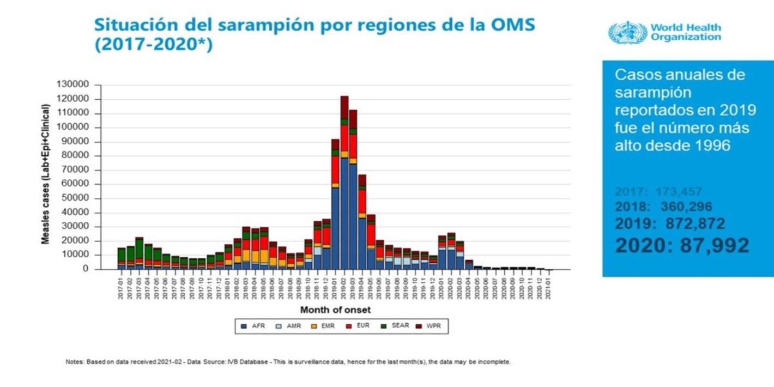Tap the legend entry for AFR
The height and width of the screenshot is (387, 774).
pos(253,326)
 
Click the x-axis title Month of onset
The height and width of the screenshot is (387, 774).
pos(335,310)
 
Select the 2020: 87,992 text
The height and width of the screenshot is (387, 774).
pos(682,245)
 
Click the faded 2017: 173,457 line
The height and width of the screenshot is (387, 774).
pos(658,192)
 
